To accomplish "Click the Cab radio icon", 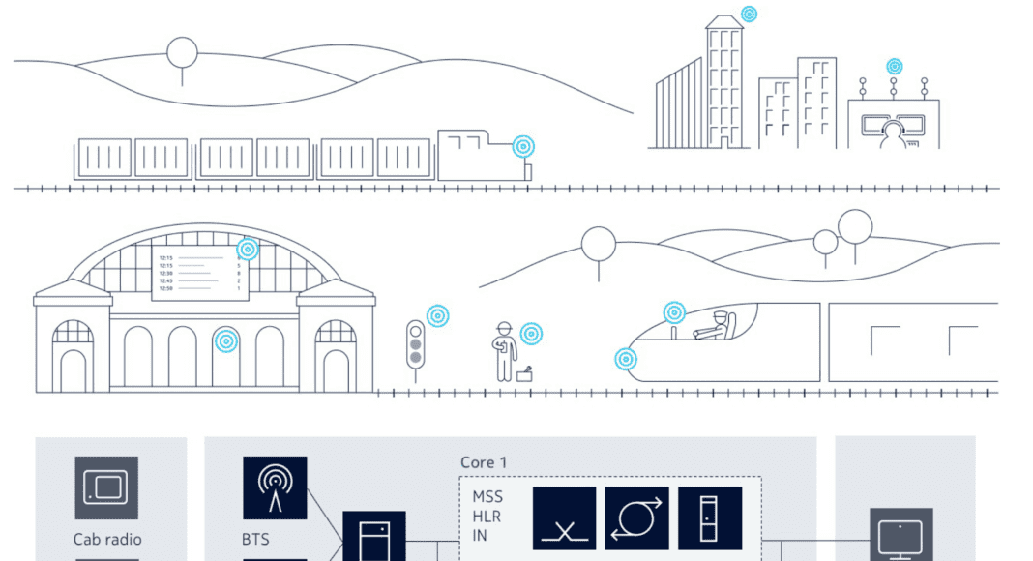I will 106,488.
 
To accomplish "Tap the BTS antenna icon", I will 275,488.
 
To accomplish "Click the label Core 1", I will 484,462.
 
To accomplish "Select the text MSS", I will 487,497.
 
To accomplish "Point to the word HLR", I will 487,516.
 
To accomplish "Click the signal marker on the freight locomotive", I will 523,147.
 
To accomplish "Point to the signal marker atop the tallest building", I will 749,15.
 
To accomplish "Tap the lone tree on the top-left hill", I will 182,53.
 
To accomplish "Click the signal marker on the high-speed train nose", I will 627,360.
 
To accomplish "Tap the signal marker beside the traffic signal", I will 438,315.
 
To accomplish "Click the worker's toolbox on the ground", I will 525,375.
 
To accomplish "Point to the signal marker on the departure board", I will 248,250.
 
